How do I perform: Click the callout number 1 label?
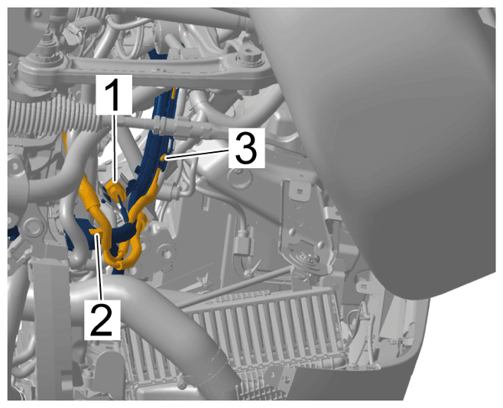click(114, 95)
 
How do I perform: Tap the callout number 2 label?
click(102, 320)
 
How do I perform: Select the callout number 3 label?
click(246, 148)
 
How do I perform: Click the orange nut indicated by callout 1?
click(115, 189)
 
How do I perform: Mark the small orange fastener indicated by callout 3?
click(164, 157)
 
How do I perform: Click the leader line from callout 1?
click(115, 147)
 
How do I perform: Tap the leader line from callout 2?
click(100, 267)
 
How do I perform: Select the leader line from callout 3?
click(197, 154)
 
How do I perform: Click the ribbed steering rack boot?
click(53, 118)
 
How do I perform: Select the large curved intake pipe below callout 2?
click(151, 308)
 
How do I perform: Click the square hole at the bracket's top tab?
click(299, 192)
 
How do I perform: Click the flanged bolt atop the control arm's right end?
click(248, 58)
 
